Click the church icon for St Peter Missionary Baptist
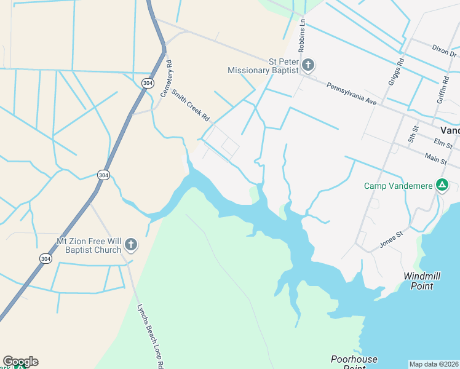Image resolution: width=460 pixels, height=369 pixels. pos(308,65)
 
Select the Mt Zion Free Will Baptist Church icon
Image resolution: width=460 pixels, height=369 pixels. pos(130,245)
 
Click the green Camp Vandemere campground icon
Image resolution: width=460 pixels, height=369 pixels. pos(442,184)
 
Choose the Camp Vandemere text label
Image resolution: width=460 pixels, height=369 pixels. pos(399,185)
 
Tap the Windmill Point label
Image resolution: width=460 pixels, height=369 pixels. pos(422,281)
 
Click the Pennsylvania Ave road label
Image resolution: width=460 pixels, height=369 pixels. pos(351,93)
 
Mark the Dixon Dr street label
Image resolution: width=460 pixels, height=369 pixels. pos(444,48)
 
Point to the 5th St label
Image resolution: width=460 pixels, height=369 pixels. pos(411,135)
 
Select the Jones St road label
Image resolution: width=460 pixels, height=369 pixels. pos(391,239)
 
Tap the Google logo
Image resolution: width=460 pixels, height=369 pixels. pos(20,362)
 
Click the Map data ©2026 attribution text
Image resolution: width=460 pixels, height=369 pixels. pos(434,364)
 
